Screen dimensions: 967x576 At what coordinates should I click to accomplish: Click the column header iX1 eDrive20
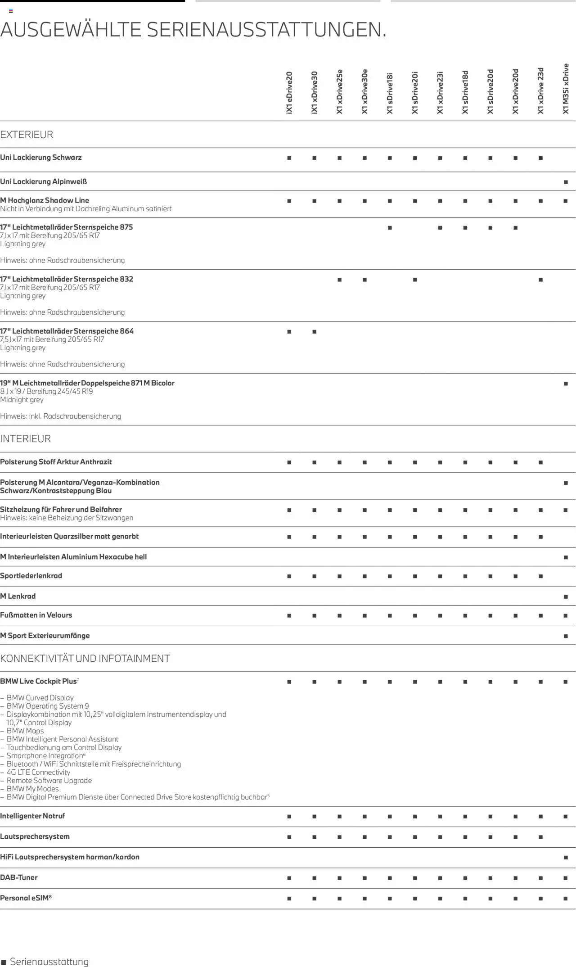click(x=289, y=92)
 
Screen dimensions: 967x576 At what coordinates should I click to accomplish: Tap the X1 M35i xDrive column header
click(x=566, y=89)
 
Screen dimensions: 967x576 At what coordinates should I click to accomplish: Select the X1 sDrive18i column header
click(x=390, y=93)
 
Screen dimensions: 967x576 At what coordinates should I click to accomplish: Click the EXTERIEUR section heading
click(x=27, y=135)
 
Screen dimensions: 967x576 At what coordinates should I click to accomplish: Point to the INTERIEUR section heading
click(x=26, y=438)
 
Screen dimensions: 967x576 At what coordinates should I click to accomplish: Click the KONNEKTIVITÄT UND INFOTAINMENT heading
click(x=85, y=658)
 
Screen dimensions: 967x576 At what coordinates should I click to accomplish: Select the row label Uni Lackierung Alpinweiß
click(x=44, y=181)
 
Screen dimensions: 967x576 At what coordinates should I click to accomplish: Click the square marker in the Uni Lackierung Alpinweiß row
click(x=566, y=182)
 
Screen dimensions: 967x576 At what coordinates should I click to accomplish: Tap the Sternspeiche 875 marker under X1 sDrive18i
click(x=390, y=228)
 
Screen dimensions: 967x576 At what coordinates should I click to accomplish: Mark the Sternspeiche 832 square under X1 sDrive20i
click(x=415, y=280)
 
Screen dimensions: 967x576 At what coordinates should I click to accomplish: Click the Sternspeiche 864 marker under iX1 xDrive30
click(x=314, y=332)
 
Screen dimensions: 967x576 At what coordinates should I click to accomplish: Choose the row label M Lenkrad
click(x=18, y=596)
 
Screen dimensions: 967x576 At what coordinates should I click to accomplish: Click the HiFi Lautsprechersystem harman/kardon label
click(x=70, y=857)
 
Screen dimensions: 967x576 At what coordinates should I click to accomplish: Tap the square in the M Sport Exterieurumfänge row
click(x=566, y=636)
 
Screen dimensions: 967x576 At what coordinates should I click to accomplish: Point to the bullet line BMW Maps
click(x=25, y=731)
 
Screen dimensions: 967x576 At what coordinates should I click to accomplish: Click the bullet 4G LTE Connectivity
click(x=38, y=772)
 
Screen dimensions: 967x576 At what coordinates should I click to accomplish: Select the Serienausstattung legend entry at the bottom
click(x=45, y=962)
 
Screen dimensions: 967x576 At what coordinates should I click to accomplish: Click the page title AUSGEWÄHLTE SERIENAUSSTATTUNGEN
click(x=193, y=30)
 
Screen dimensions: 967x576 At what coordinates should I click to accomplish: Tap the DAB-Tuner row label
click(x=19, y=877)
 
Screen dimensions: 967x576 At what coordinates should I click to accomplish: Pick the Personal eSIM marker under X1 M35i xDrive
click(x=566, y=899)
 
